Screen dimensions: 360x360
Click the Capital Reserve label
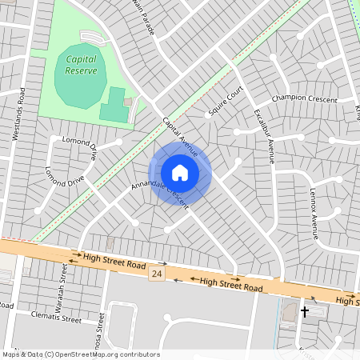pyautogui.click(x=82, y=65)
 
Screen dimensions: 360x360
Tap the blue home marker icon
pyautogui.click(x=180, y=173)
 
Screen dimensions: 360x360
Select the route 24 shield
pyautogui.click(x=155, y=274)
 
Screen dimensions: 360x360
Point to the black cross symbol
pyautogui.click(x=304, y=311)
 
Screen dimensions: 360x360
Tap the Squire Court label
pyautogui.click(x=225, y=102)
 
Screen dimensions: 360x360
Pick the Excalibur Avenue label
pyautogui.click(x=265, y=135)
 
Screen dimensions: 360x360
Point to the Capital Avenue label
pyautogui.click(x=179, y=135)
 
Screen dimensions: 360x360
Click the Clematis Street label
pyautogui.click(x=57, y=318)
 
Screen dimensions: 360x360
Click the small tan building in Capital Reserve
pyautogui.click(x=128, y=102)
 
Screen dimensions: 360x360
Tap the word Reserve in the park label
pyautogui.click(x=82, y=70)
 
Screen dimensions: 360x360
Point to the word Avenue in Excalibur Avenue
pyautogui.click(x=270, y=149)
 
